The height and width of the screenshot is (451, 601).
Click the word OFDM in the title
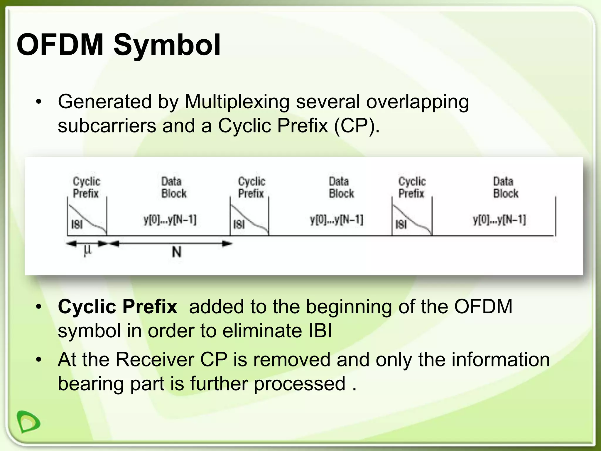pos(60,45)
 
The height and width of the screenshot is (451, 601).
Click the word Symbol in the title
pos(167,46)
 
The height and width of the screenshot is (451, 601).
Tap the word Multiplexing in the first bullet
pos(237,102)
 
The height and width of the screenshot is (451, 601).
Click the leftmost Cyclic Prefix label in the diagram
pos(86,187)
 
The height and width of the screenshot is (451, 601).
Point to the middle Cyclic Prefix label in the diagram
pos(251,187)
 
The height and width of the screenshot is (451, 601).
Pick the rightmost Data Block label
pos(505,187)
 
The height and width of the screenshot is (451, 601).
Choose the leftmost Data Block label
pos(174,187)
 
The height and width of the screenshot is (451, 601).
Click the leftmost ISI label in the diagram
pos(77,225)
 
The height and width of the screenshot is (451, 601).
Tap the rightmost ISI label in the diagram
pos(401,225)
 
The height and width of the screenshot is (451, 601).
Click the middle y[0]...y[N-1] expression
pos(337,220)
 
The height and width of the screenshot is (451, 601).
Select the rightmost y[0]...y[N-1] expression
pos(499,220)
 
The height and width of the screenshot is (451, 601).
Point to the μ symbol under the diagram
pos(87,250)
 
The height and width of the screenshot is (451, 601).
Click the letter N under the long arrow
pos(176,252)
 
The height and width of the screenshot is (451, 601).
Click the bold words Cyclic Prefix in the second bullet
pos(117,307)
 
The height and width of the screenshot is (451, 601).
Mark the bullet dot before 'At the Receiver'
pos(38,360)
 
